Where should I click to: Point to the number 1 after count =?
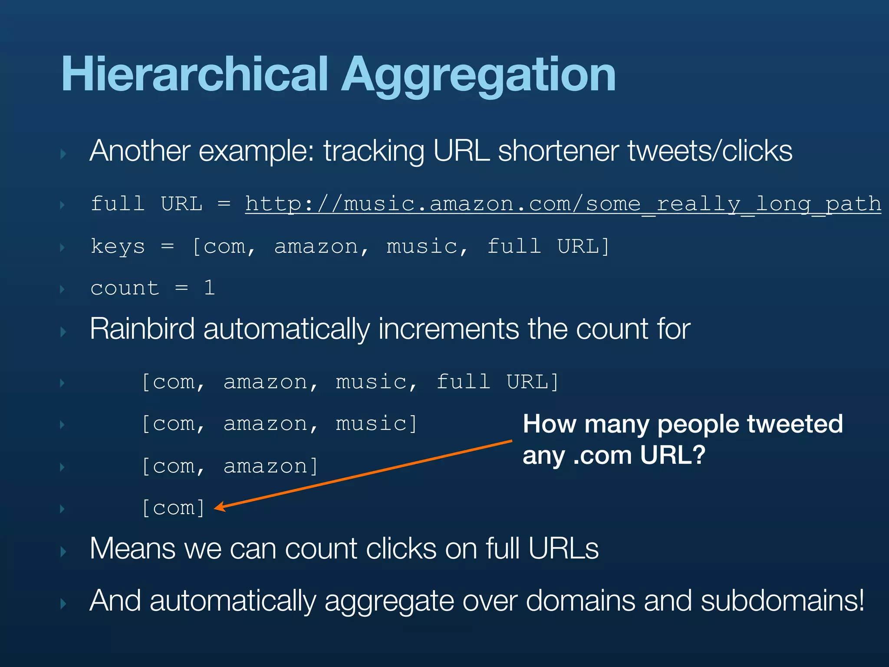pyautogui.click(x=210, y=288)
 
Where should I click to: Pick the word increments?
pyautogui.click(x=448, y=329)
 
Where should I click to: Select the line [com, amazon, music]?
pyautogui.click(x=280, y=424)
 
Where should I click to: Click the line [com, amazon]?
pyautogui.click(x=230, y=466)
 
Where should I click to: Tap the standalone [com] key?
pyautogui.click(x=173, y=508)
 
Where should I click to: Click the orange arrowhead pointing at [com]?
pyautogui.click(x=220, y=507)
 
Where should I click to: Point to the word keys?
pyautogui.click(x=118, y=247)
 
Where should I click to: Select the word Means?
pyautogui.click(x=132, y=548)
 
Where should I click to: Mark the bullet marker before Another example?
pyautogui.click(x=63, y=154)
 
